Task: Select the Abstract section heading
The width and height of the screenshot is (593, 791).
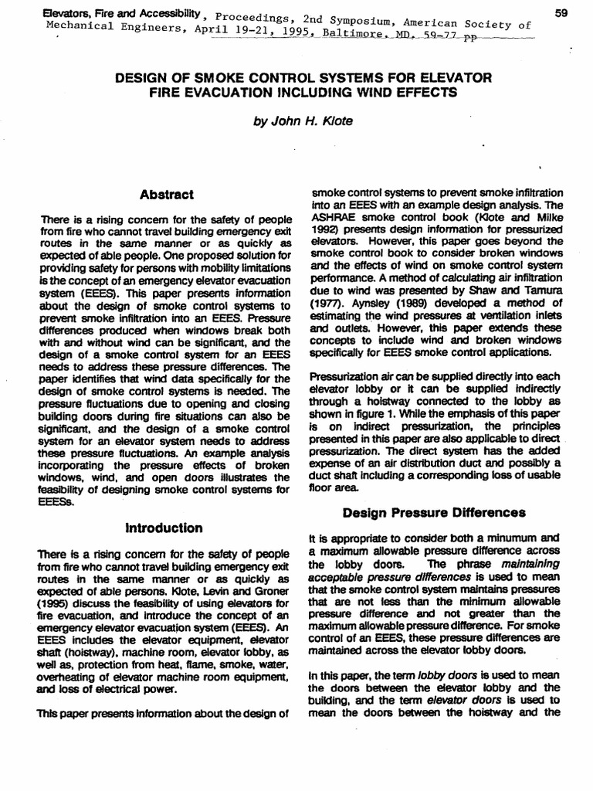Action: tap(167, 194)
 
